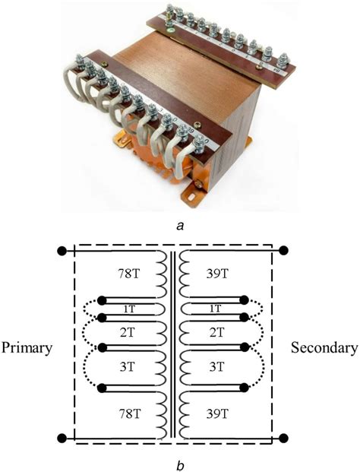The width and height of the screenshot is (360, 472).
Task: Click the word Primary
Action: (27, 348)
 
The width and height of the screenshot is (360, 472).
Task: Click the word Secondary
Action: (324, 348)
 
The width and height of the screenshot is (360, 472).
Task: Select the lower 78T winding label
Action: (127, 414)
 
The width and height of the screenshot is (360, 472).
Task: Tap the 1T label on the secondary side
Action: (215, 308)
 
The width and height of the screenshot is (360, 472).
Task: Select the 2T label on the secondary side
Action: (215, 331)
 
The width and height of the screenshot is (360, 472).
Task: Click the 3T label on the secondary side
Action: (215, 366)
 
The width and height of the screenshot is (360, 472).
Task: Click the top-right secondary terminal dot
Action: (284, 249)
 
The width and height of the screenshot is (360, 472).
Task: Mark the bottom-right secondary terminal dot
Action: (284, 438)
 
